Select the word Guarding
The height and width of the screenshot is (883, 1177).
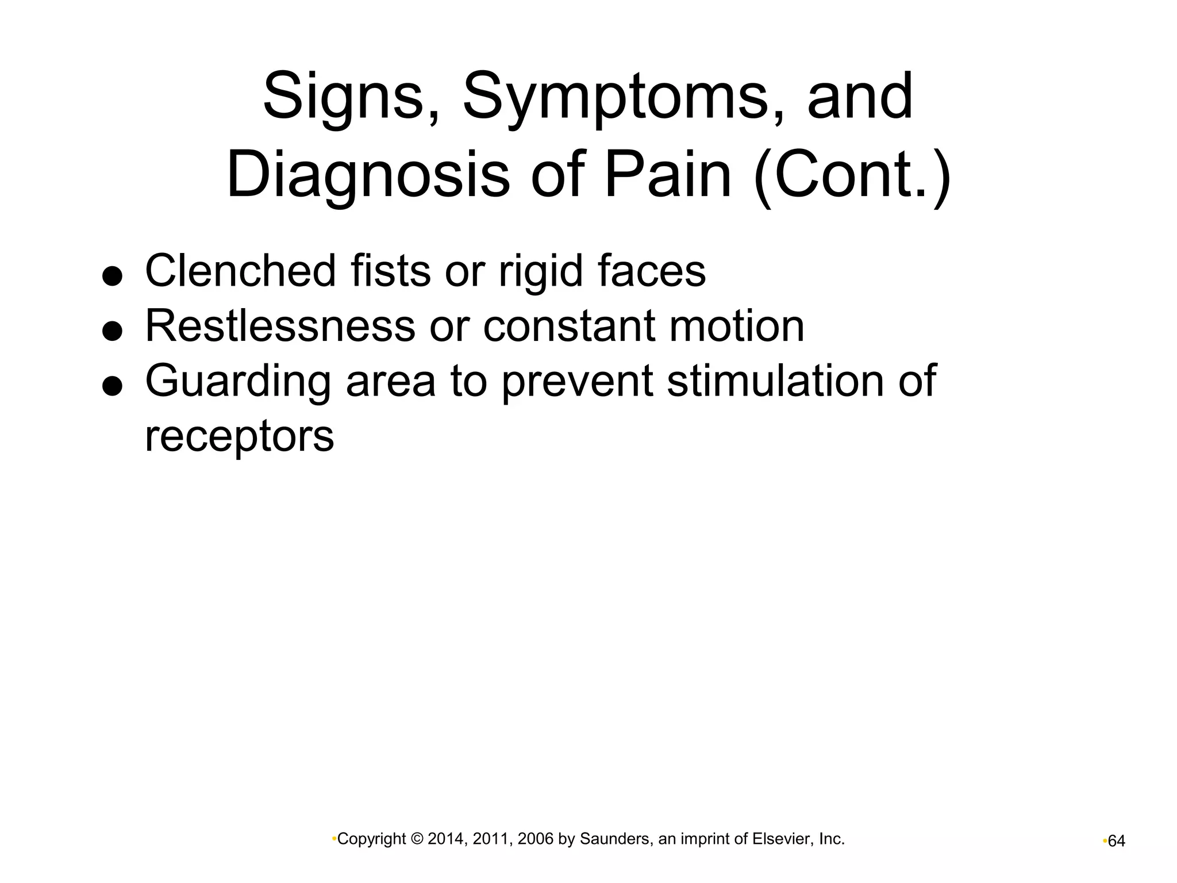pos(238,382)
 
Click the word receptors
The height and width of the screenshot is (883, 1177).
pos(239,436)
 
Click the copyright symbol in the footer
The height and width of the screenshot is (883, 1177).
pos(418,839)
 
